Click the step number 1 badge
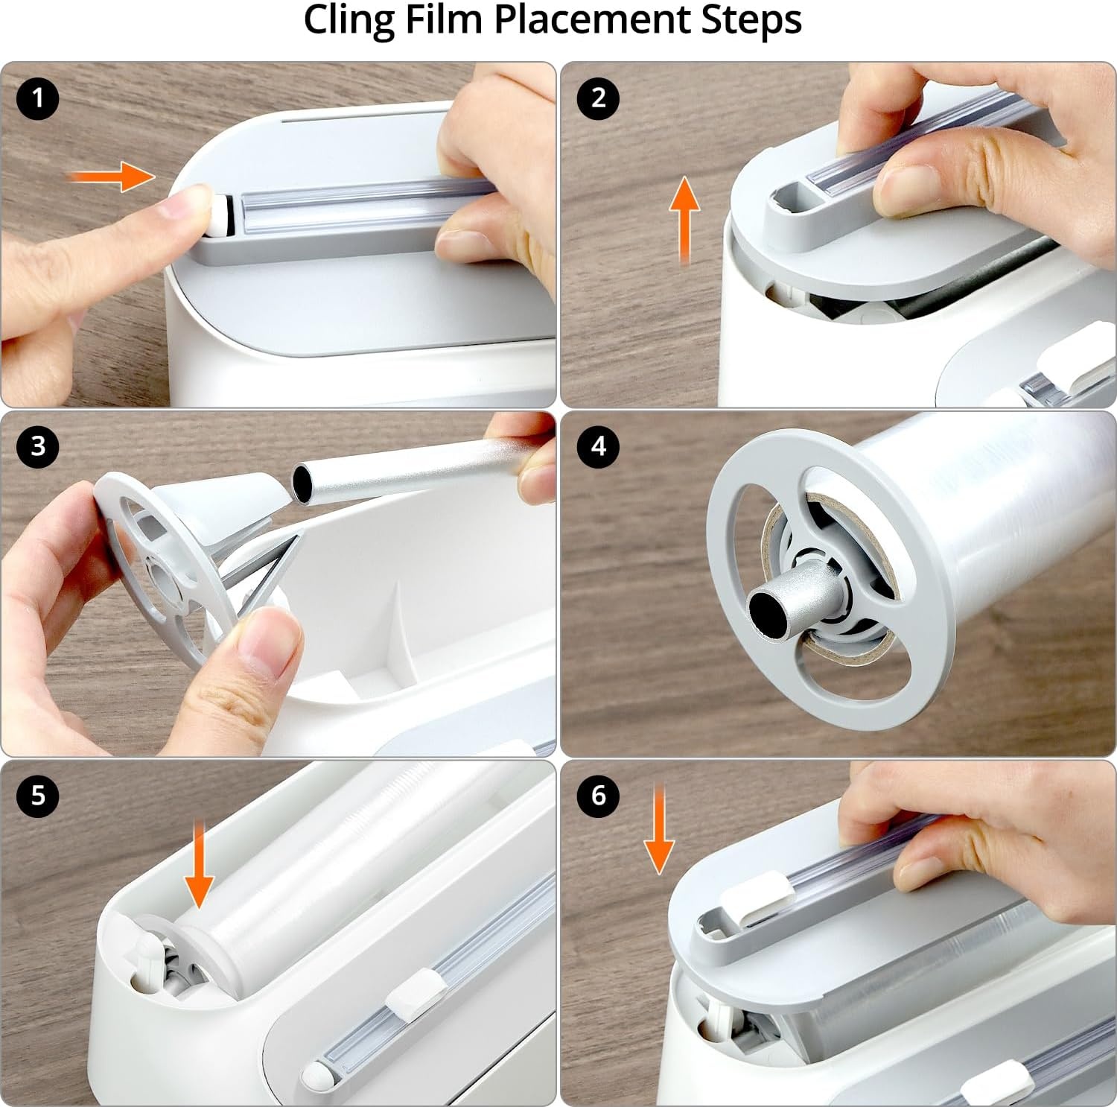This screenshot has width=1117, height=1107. coord(38,98)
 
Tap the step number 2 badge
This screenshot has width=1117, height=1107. coord(598,98)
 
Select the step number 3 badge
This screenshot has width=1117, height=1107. coord(38,446)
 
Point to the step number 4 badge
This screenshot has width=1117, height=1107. coord(598,446)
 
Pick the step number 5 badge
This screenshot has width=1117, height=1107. coord(38,796)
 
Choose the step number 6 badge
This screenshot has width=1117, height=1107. coord(598,796)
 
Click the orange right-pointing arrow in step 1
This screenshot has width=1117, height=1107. coord(112,177)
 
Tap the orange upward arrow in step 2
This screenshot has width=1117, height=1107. coord(684,221)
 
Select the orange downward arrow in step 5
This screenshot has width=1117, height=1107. coord(199,863)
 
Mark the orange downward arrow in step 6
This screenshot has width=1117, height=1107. coord(659,828)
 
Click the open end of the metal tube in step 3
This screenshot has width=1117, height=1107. coord(304,483)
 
